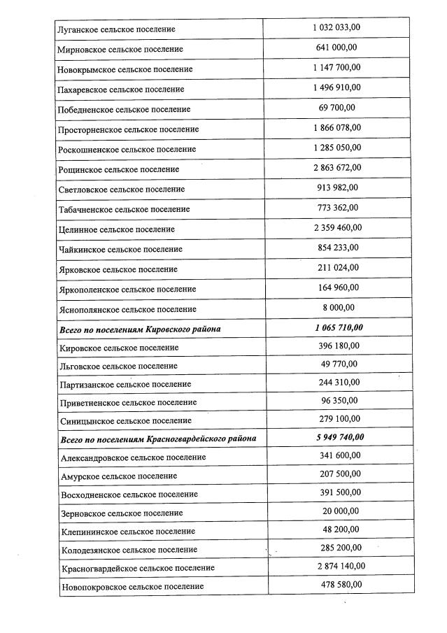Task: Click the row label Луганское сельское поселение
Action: pos(118,29)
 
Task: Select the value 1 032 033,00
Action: pos(336,27)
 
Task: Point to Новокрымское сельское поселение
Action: pos(127,69)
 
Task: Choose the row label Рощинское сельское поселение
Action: pos(120,169)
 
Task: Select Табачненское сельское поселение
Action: pos(125,209)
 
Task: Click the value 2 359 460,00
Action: pos(336,227)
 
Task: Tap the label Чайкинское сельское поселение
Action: pos(122,249)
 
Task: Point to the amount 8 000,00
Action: pos(336,307)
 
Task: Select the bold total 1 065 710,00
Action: pos(339,327)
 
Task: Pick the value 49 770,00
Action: pos(336,364)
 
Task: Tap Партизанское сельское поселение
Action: pos(126,384)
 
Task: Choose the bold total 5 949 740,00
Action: pos(339,437)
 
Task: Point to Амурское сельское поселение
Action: pos(119,476)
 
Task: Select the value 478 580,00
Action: pos(336,584)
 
